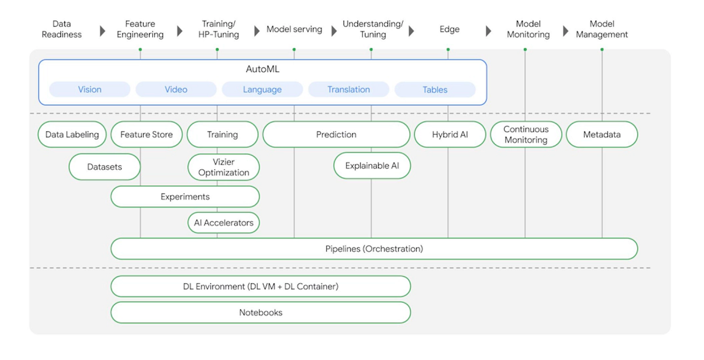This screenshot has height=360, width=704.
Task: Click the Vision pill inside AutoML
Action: tap(90, 89)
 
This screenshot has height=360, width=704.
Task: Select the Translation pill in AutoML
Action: tap(348, 89)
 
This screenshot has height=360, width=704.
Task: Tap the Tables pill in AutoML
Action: tap(434, 89)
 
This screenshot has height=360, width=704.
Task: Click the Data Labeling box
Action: tap(72, 134)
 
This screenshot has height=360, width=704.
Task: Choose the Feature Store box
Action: tap(147, 134)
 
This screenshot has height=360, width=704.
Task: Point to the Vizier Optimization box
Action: tap(223, 167)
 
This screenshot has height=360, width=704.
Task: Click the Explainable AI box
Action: tap(372, 165)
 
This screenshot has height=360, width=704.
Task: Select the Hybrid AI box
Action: tap(449, 134)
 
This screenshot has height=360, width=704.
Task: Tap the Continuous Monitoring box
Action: tap(526, 134)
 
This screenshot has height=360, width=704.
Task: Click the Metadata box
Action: tap(601, 134)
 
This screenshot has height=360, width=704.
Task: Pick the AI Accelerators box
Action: tap(223, 223)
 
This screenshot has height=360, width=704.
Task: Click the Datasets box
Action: tap(105, 167)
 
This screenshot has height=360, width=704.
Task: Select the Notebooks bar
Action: tap(261, 312)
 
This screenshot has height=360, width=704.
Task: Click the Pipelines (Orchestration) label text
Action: tap(374, 248)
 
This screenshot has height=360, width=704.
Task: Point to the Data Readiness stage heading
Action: tap(62, 29)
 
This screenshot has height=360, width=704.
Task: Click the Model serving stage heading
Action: tap(294, 29)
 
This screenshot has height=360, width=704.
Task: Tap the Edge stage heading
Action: tap(449, 29)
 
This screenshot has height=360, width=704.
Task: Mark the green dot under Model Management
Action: tap(602, 49)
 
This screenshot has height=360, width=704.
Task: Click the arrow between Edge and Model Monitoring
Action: tap(488, 31)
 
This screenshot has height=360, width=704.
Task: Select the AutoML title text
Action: tap(262, 69)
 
